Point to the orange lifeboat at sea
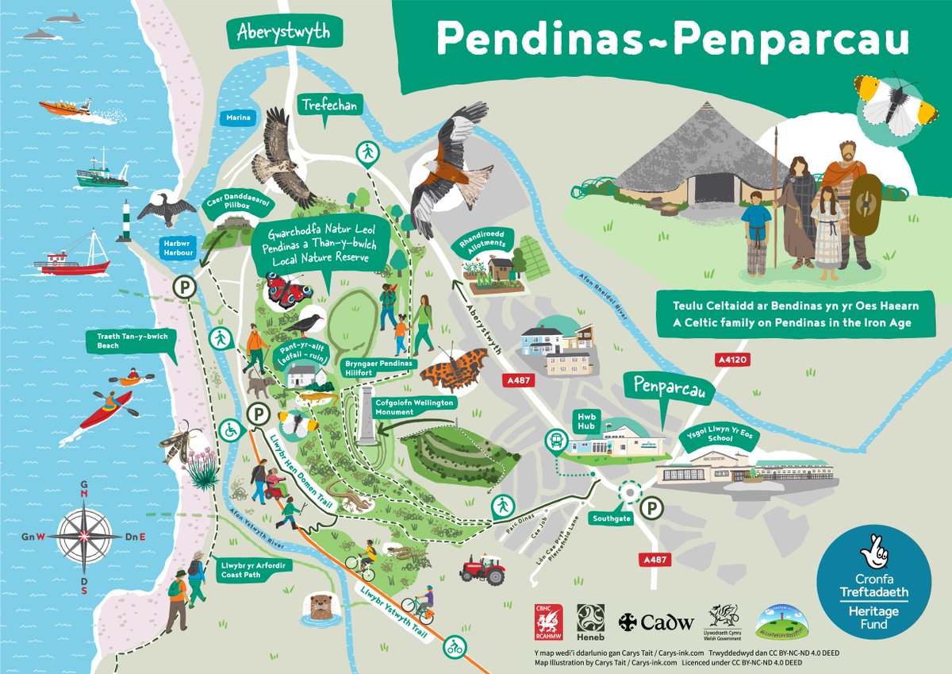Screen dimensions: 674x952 click(x=67, y=106)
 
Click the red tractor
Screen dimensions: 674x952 click(x=482, y=569)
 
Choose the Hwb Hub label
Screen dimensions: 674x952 click(x=586, y=420)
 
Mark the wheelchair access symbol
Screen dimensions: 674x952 click(x=230, y=429)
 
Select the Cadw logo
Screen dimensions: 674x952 click(x=656, y=622)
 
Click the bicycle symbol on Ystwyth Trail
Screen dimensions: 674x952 click(x=455, y=644)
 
